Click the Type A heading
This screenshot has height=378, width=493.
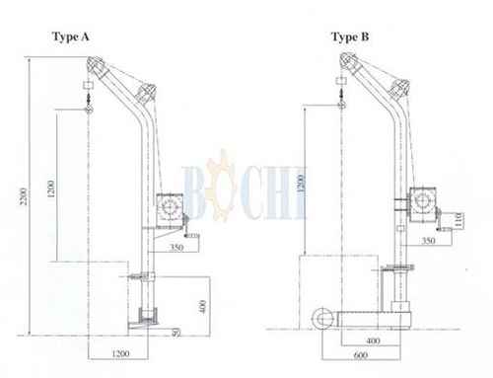[x=71, y=37]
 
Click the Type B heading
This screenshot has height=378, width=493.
[x=350, y=38]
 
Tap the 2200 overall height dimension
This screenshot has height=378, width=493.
[x=24, y=196]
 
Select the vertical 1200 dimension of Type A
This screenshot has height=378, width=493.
[x=51, y=189]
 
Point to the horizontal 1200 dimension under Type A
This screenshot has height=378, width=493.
[x=120, y=353]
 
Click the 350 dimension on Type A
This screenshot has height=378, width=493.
[x=176, y=247]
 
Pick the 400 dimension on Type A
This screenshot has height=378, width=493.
[x=203, y=306]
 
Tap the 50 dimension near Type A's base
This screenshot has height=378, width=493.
[x=176, y=333]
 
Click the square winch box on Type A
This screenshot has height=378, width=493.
[x=170, y=211]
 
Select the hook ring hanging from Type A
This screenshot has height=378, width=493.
[x=88, y=110]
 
